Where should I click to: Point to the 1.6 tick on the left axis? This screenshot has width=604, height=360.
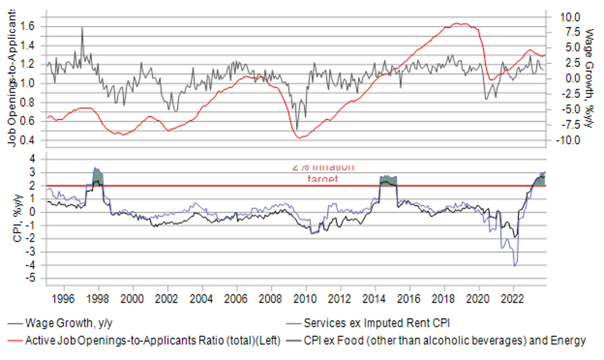pos(28,26)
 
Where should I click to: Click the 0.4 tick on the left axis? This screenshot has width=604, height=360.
pos(28,140)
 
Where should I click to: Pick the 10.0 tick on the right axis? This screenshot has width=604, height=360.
pos(570,16)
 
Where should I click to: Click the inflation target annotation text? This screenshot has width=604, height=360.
pos(323,172)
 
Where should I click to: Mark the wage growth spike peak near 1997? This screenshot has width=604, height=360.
pos(82,28)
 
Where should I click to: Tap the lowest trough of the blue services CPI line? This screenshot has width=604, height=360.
pos(515,266)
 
